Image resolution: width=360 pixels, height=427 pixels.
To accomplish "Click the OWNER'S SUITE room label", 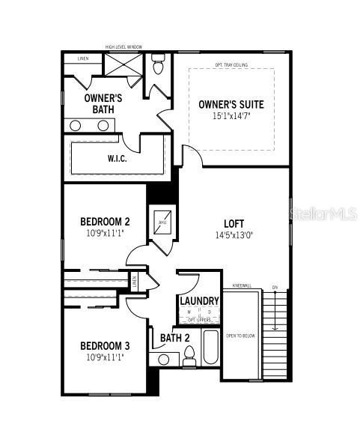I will click(x=231, y=104).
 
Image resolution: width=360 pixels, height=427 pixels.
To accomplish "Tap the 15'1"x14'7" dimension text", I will click(x=231, y=116).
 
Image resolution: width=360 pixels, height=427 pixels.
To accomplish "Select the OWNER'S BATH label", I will click(x=103, y=103).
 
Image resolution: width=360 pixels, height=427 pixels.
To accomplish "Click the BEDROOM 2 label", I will click(x=105, y=222).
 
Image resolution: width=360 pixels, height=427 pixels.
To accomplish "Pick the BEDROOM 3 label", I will click(x=105, y=345).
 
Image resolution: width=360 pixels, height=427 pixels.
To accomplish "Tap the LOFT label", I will click(x=234, y=223).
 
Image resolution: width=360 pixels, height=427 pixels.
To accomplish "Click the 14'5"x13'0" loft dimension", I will click(x=234, y=234).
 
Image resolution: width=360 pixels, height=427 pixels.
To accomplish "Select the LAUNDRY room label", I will click(x=199, y=301).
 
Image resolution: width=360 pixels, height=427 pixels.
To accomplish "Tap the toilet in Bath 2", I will click(x=188, y=358).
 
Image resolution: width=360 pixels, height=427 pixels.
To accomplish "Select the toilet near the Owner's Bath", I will click(x=158, y=66).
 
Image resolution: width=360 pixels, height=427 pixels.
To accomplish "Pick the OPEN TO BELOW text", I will click(x=240, y=336).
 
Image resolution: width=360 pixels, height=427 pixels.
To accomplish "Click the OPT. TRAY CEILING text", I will click(x=231, y=64).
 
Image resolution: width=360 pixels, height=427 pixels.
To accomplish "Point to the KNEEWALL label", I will click(x=241, y=285).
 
